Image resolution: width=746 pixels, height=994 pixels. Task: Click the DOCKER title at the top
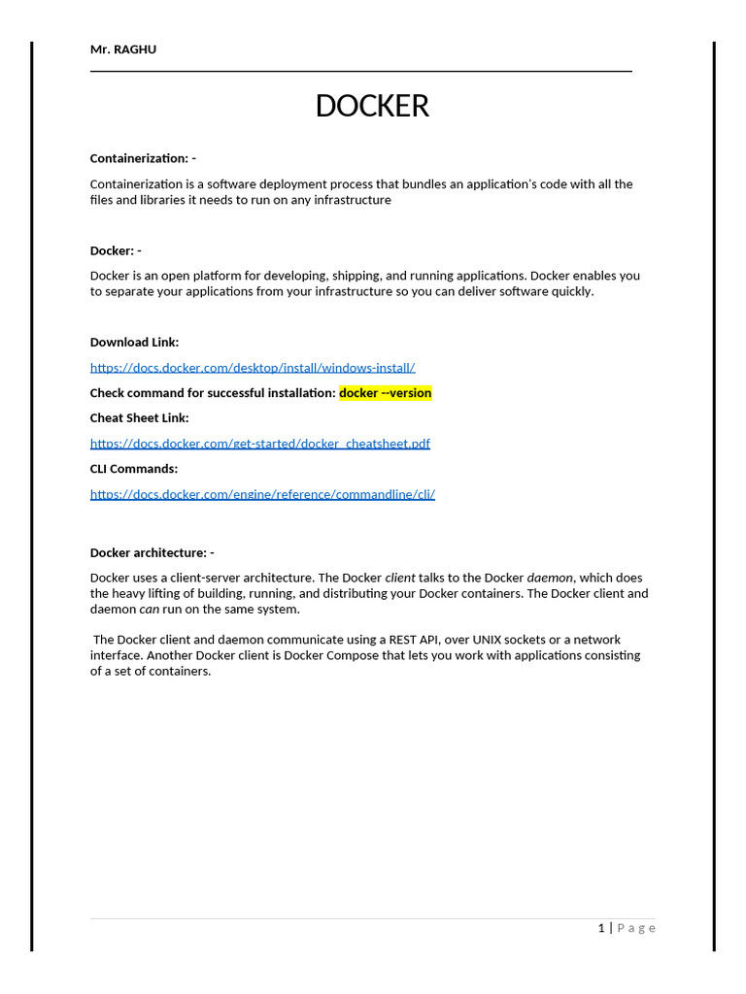pos(372,106)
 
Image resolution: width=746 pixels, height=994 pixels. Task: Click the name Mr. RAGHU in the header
pos(123,50)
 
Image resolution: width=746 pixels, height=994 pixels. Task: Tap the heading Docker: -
pos(116,250)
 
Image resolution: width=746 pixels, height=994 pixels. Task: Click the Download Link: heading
pos(134,343)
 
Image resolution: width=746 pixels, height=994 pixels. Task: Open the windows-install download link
pos(253,368)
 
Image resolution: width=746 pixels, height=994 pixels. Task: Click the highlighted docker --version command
pos(386,393)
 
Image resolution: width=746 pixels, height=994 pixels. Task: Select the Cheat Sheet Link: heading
pos(140,418)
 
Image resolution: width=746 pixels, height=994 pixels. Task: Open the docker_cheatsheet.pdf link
pos(260,444)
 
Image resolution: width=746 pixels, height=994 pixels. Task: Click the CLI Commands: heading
pos(134,469)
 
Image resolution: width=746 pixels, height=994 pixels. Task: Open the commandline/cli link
pos(262,494)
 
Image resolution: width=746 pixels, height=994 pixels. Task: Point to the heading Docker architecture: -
pos(153,553)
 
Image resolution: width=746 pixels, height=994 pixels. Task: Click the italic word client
pos(400,579)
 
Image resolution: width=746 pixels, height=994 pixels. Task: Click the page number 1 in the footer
pos(601,929)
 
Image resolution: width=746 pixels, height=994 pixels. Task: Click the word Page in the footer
pos(637,929)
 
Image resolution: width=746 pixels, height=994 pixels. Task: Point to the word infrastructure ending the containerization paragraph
pos(342,200)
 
